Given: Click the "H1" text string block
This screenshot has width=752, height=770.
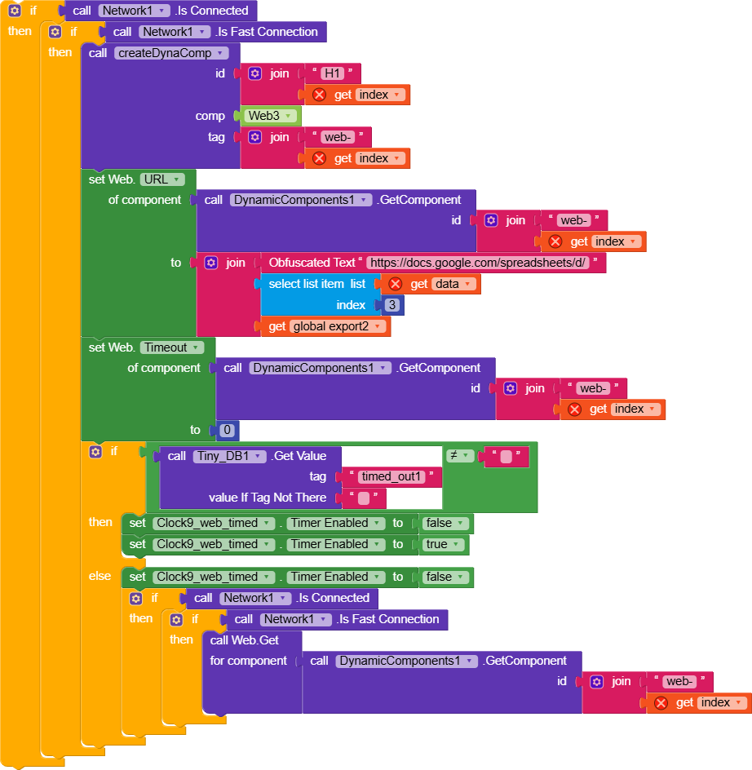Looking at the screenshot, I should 332,73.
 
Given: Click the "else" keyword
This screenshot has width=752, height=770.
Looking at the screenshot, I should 100,576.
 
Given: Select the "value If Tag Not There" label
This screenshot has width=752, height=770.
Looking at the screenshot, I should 268,498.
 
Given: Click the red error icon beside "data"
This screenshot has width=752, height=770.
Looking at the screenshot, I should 396,284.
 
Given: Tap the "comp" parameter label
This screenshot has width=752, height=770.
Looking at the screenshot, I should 210,116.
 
